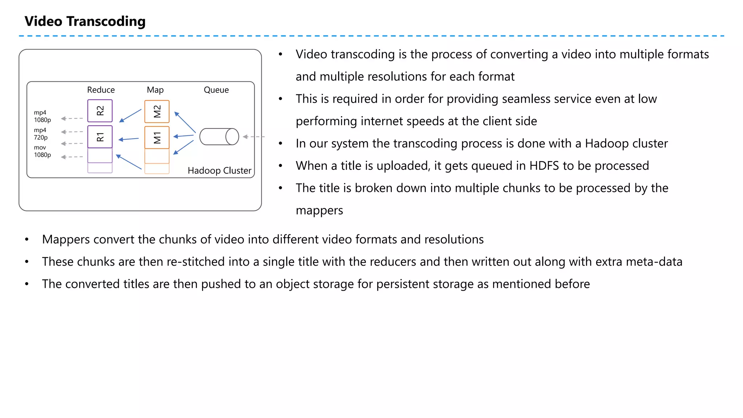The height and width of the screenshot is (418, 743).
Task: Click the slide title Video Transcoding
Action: click(85, 21)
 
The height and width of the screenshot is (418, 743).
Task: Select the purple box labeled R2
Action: click(100, 111)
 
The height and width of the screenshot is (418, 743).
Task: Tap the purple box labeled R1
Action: click(100, 137)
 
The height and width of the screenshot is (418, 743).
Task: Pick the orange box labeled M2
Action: click(157, 111)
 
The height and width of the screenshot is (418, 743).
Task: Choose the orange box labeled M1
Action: click(157, 138)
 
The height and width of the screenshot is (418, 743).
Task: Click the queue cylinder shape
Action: click(219, 137)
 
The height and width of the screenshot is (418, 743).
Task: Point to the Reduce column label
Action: click(101, 90)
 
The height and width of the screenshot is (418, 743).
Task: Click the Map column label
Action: click(155, 90)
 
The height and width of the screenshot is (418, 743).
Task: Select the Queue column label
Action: click(216, 90)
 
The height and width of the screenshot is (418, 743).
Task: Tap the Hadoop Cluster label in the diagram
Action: click(219, 171)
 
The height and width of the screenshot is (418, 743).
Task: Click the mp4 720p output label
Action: click(41, 134)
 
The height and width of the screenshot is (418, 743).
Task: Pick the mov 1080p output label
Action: click(42, 151)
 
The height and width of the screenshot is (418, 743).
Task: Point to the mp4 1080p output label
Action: click(42, 116)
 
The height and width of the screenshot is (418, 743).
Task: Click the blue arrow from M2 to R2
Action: click(130, 115)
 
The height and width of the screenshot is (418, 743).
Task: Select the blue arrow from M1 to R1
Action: click(129, 139)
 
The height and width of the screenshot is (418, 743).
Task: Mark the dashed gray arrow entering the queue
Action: click(253, 137)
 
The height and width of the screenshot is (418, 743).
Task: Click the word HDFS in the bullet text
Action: click(544, 166)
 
